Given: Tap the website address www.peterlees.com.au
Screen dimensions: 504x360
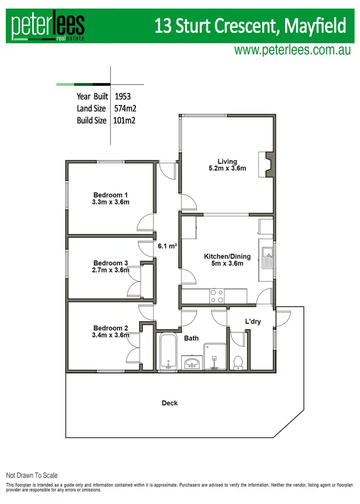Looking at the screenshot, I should pos(292,50).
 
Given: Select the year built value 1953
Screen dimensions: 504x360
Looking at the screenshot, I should pos(122,96).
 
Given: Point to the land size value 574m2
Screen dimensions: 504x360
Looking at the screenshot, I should pos(125,108).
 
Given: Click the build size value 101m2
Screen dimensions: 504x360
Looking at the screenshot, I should pos(124,120).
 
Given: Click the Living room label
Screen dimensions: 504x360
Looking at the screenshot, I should pos(227,161).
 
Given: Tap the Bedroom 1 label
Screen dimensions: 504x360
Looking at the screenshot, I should pos(110,195).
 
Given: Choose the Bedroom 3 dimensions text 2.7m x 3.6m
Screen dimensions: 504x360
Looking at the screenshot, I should pos(110,270).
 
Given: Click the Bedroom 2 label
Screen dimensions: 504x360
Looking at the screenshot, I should pos(110,328).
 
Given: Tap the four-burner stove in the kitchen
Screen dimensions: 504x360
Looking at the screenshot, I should pos(216,296).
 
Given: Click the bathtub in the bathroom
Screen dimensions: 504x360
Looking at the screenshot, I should pos(168,352).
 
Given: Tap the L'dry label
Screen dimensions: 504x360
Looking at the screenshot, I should pos(253,321).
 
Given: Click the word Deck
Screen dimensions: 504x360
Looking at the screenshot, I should pos(169,403).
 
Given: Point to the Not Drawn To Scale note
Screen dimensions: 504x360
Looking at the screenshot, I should pos(32,475).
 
